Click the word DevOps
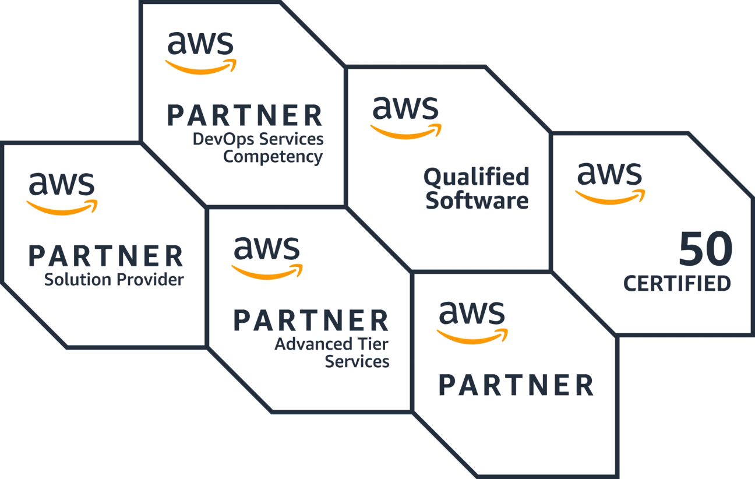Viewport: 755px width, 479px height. tap(223, 139)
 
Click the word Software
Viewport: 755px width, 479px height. tap(477, 200)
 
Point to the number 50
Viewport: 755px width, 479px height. tap(706, 249)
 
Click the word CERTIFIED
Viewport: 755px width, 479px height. tap(677, 283)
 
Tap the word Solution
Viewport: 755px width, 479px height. tap(77, 280)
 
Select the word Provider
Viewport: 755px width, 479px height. tap(150, 280)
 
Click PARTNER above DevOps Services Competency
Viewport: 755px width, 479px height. tap(245, 115)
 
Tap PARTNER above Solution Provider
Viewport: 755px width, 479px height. tap(106, 256)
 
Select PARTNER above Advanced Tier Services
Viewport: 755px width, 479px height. tap(311, 320)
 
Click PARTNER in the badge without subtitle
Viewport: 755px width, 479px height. tap(516, 385)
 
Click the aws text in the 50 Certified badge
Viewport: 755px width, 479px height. tap(609, 174)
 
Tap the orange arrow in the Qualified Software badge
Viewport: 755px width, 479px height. tap(406, 132)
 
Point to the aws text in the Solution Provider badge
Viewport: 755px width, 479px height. tap(62, 184)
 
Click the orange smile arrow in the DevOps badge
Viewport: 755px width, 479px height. tap(201, 67)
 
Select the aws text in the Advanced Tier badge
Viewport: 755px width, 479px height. tap(267, 248)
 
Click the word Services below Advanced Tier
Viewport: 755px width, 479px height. tap(357, 362)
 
